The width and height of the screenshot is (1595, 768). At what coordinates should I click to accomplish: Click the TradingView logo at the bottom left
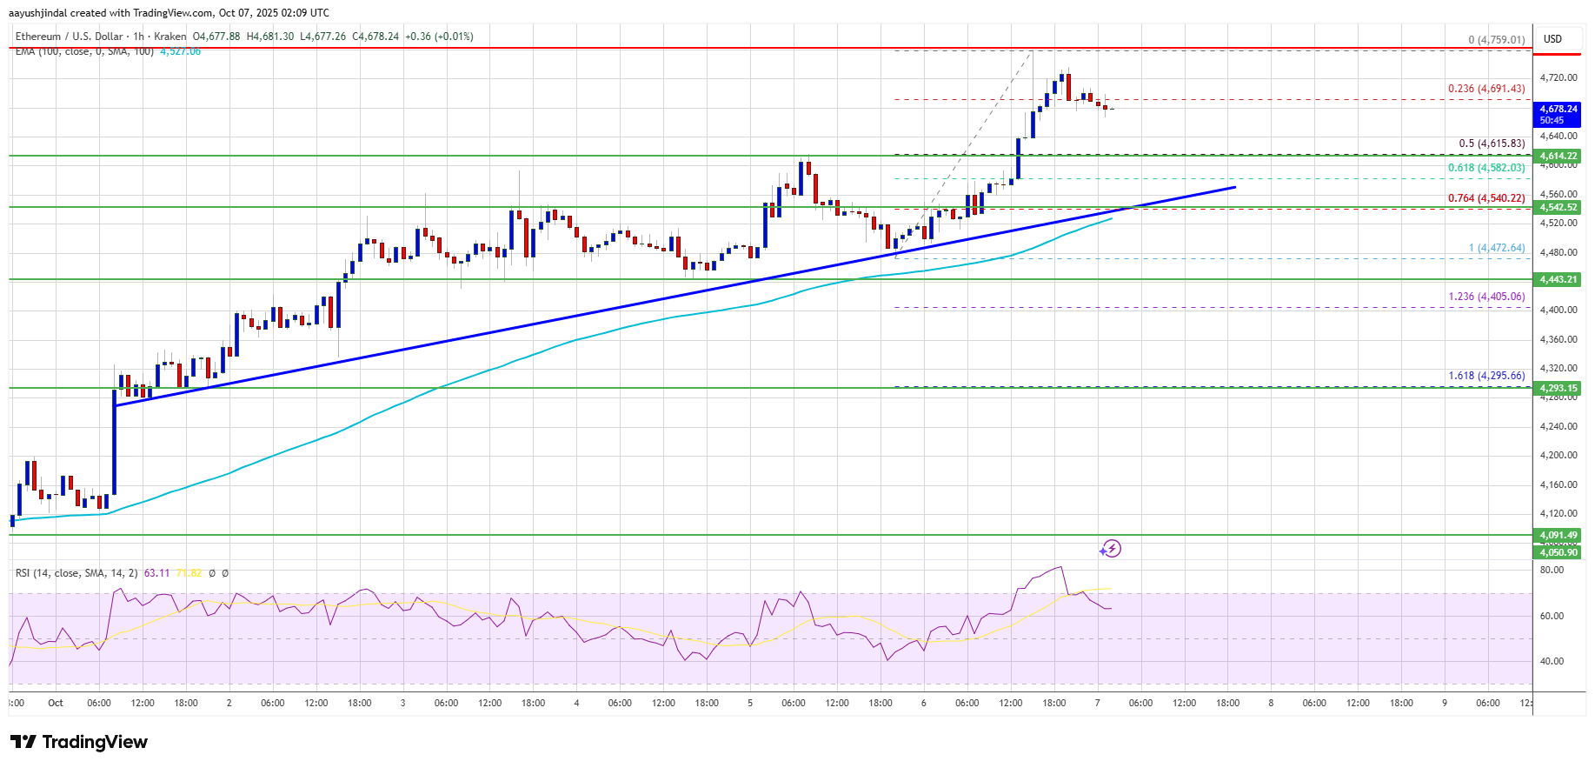click(79, 742)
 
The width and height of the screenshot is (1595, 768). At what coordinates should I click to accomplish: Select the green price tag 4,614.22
click(1558, 156)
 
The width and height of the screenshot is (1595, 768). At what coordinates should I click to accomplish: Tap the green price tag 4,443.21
click(1558, 279)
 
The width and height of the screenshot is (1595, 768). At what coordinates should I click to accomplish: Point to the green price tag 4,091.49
click(1558, 535)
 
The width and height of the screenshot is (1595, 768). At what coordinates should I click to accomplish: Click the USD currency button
click(1552, 39)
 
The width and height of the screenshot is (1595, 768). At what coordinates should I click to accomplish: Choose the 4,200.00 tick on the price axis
click(1558, 455)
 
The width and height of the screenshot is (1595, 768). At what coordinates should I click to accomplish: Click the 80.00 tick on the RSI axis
click(1552, 571)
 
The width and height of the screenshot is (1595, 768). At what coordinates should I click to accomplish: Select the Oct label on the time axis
click(56, 703)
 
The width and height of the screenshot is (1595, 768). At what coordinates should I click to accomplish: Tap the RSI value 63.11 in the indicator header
click(156, 573)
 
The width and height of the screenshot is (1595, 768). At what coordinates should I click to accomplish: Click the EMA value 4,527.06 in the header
click(180, 51)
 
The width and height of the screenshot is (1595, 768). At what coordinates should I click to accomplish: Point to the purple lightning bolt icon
click(1110, 549)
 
